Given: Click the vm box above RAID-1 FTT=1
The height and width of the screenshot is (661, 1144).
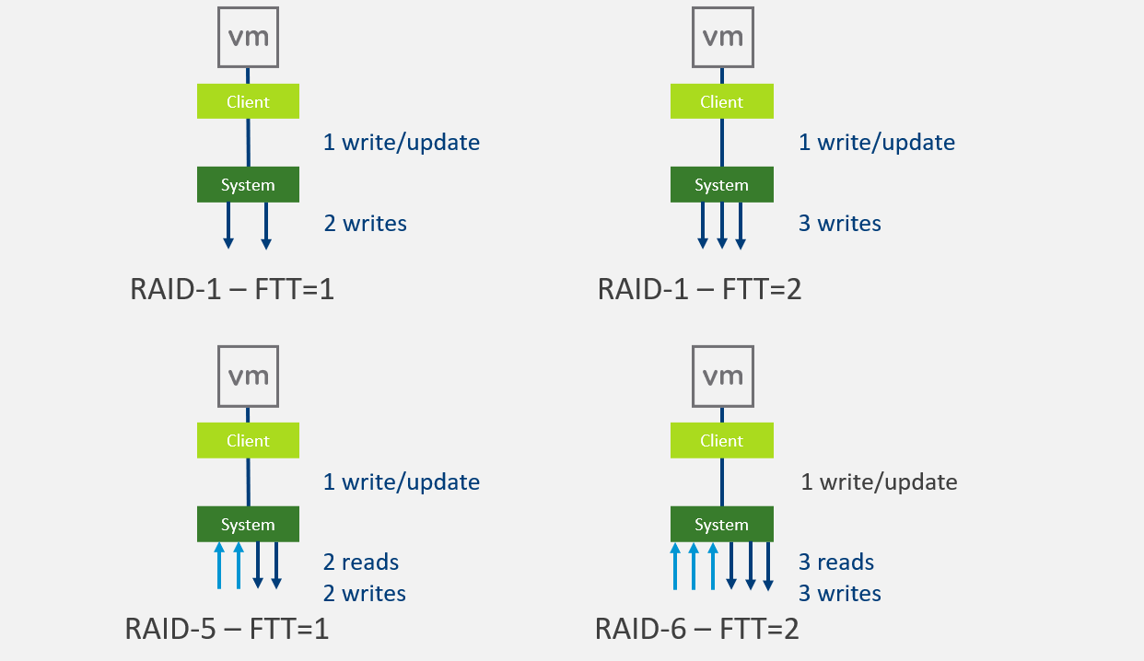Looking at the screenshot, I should point(248,37).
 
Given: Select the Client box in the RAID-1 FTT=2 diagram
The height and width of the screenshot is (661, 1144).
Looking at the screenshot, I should point(721,101).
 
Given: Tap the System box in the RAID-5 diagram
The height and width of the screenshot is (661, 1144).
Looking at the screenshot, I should point(248,524).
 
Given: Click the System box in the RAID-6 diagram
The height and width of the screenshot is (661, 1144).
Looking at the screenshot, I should point(721,524).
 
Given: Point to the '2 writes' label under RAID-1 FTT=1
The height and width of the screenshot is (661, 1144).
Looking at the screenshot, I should point(365,224).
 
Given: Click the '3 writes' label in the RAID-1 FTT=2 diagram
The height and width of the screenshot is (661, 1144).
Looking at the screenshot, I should point(839,224).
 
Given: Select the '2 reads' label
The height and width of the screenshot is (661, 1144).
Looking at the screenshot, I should point(361,562).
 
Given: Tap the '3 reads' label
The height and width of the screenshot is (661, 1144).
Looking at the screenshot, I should point(836,562).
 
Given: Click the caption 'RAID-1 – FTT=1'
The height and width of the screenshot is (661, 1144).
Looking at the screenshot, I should point(231,289).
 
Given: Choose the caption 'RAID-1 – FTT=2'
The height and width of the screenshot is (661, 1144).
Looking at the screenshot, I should point(699,289).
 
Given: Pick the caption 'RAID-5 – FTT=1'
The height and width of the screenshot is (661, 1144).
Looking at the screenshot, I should point(227,630).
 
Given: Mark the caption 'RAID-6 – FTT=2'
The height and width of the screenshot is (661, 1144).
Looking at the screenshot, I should point(696,630).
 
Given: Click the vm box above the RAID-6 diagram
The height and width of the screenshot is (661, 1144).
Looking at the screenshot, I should point(721,377).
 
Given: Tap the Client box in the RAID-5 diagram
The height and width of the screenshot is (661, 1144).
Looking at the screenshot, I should point(248,441).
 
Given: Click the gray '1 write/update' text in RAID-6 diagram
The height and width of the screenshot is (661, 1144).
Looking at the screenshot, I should point(879,481).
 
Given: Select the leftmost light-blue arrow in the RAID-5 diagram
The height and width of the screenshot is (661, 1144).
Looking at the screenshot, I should point(219,565).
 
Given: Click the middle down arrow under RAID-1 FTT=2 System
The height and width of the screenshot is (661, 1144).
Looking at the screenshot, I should point(722,226).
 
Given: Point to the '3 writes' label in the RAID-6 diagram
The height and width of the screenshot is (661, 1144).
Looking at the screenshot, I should point(839,594).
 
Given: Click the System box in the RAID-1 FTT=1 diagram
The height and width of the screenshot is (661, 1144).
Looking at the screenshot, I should point(248,184).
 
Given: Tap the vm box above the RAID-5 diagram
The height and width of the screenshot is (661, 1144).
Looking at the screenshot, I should point(248,377).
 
